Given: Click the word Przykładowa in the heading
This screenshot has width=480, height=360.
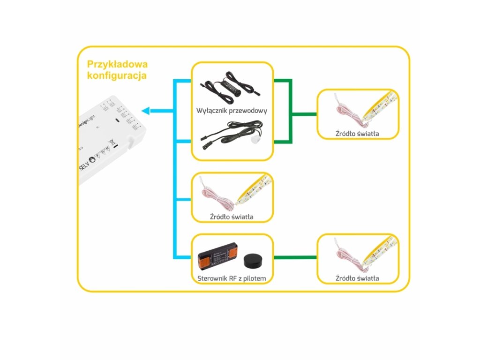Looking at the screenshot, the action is tap(117, 64).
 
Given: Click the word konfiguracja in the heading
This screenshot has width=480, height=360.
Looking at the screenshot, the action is tap(117, 75).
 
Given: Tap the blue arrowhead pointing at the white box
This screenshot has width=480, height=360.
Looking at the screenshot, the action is tap(146, 111).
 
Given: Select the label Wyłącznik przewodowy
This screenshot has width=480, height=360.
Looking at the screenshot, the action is tap(232, 111).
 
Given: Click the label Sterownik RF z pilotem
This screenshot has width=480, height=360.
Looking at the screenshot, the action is tap(232, 278).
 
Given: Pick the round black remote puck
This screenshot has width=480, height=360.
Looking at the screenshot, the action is tap(254, 259).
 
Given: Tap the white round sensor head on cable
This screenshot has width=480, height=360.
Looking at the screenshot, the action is tap(255, 140).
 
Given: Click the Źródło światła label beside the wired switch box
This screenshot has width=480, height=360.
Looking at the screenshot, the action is tap(357, 134).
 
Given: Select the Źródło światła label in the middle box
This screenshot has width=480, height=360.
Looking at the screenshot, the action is tap(232, 217).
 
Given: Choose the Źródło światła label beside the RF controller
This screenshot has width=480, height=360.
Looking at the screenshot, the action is tap(357, 278).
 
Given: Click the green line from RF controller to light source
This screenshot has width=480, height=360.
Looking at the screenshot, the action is tap(295, 257).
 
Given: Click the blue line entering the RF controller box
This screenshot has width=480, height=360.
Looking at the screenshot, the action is tap(183, 257).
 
